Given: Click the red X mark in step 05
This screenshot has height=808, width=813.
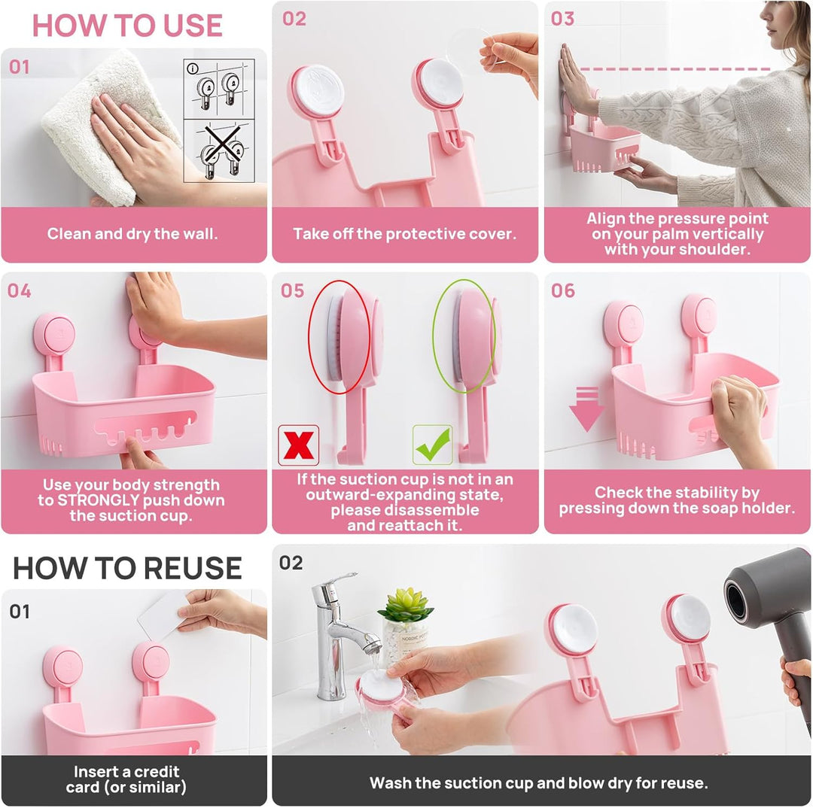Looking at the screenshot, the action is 299,445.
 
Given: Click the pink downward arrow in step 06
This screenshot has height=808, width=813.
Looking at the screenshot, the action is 586,409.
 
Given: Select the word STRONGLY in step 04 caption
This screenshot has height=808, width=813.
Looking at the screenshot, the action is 99,500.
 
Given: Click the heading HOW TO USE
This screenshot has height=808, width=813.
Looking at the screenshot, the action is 127,26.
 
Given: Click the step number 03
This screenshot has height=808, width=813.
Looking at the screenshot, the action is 562,19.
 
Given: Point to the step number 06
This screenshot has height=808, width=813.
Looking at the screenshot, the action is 563,290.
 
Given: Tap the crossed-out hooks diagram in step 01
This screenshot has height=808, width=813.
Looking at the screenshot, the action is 219,150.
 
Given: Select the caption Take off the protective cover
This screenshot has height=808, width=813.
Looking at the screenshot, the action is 405,234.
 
